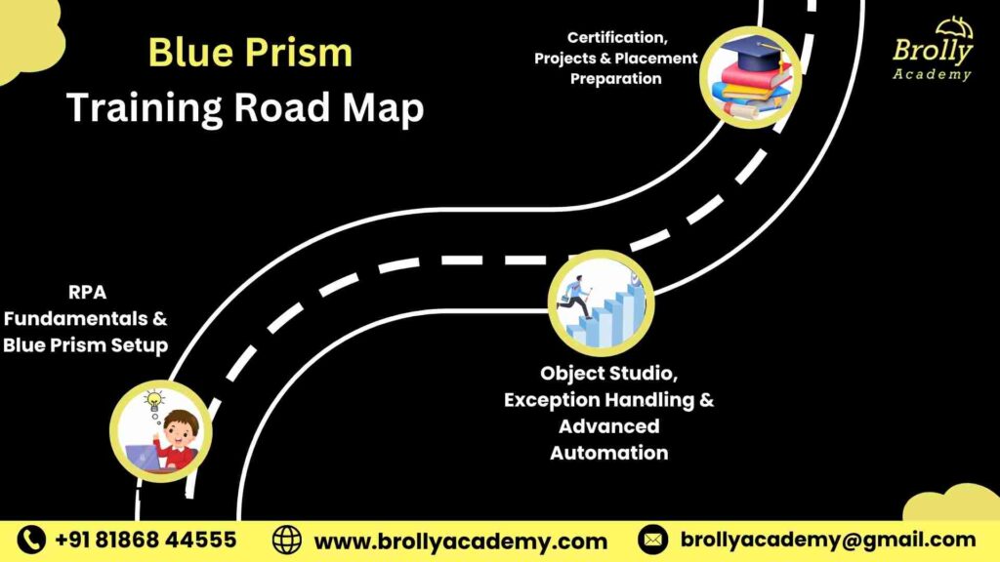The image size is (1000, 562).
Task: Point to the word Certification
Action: [x=617, y=37]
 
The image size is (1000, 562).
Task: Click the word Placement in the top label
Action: [x=655, y=59]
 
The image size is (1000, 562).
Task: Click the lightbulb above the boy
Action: [x=153, y=401]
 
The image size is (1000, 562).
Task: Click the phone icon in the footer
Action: [x=32, y=540]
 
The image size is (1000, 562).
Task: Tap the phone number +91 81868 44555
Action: [x=146, y=540]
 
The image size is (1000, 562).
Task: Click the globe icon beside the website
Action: [x=287, y=540]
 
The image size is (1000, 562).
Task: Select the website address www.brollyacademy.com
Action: [x=460, y=541]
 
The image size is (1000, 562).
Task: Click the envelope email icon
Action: [x=652, y=540]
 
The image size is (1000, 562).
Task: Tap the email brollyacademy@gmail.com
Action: [x=827, y=540]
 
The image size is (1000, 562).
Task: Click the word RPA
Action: [x=86, y=291]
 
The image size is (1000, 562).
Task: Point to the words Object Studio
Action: [x=608, y=374]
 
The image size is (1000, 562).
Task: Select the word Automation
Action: [x=608, y=453]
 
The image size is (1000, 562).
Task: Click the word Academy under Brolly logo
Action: [x=932, y=74]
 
